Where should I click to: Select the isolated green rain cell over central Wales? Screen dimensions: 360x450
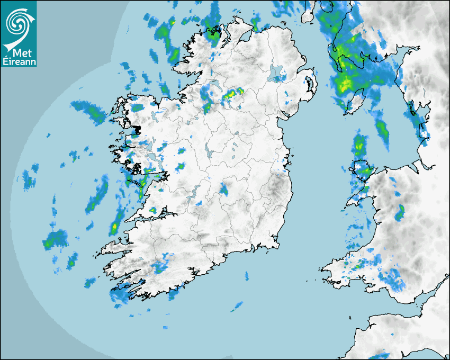coord(400,212)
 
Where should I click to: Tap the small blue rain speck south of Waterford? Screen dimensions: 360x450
coord(247,275)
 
